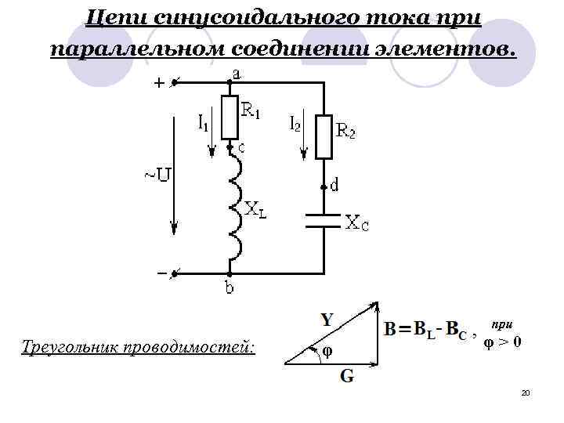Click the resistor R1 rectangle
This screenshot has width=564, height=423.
tap(230, 117)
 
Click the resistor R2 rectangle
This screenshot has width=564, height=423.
tap(324, 136)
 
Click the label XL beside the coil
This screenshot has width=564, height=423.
tap(255, 209)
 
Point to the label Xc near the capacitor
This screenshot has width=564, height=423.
tap(357, 224)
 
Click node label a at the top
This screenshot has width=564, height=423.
tap(235, 74)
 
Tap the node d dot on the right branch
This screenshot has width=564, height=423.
tap(323, 188)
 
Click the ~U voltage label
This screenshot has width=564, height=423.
tap(156, 173)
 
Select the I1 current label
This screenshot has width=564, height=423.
tap(203, 122)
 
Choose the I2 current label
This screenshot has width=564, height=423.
tap(295, 123)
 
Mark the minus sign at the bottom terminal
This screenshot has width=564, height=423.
tap(161, 273)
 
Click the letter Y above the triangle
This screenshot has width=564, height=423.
tap(328, 320)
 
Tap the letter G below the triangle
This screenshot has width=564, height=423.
tap(345, 376)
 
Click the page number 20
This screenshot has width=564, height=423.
tap(526, 392)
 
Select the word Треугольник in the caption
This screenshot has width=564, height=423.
tap(69, 345)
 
